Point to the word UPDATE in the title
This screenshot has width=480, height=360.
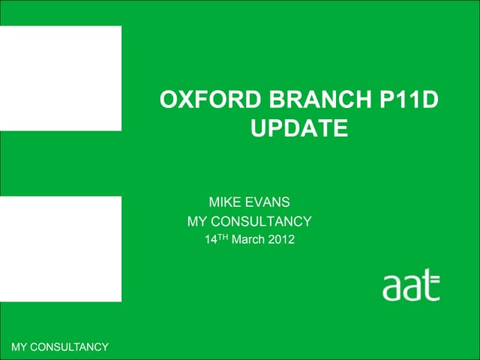[x=298, y=129]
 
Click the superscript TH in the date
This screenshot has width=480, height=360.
[x=223, y=237]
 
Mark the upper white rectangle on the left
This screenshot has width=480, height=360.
[x=60, y=78]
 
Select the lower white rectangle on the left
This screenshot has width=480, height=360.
[x=60, y=248]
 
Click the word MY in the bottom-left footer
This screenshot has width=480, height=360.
[x=20, y=346]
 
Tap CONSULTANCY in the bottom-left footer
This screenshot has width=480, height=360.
[x=70, y=346]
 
